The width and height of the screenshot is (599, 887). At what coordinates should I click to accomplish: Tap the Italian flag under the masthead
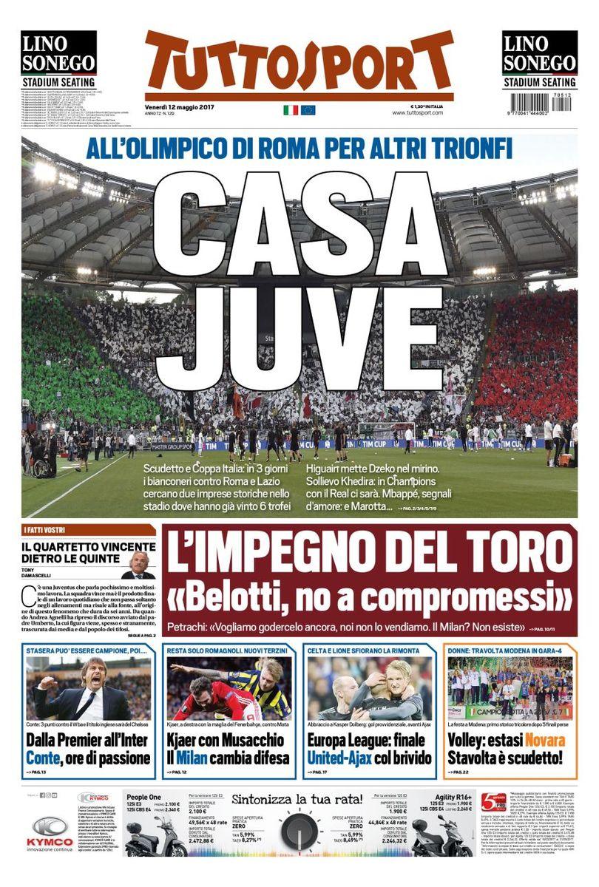click(x=291, y=110)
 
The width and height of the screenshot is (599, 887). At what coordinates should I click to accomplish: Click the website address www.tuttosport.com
click(x=418, y=112)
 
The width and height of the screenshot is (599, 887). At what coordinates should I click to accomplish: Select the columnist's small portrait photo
click(x=138, y=565)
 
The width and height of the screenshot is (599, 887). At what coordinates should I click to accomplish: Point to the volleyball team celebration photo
click(x=510, y=688)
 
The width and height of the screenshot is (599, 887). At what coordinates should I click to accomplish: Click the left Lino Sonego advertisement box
click(x=58, y=60)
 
